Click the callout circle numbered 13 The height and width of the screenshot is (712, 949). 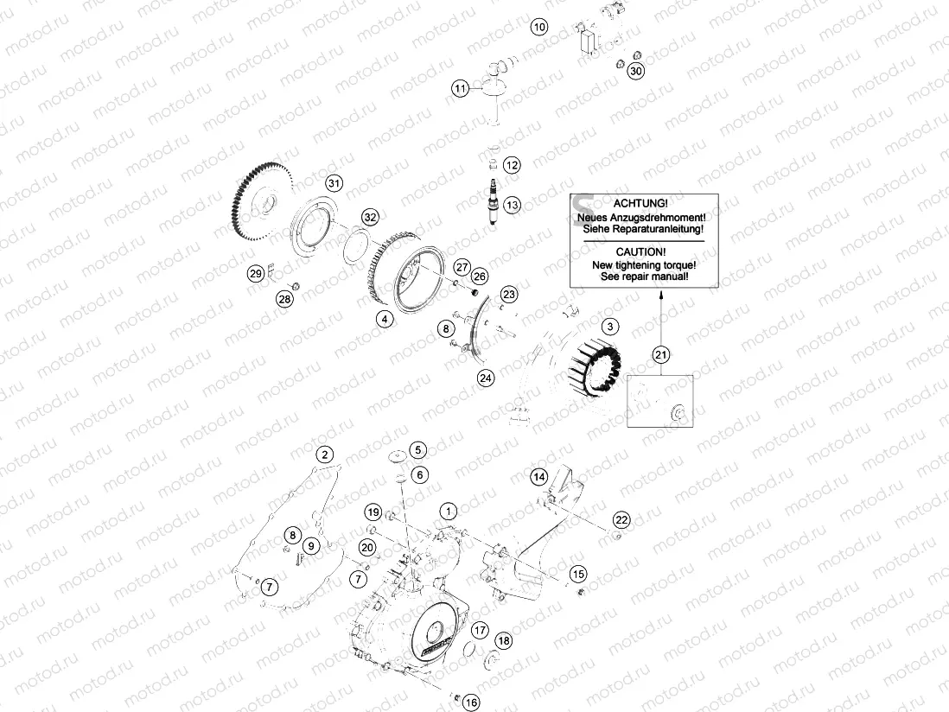click(513, 205)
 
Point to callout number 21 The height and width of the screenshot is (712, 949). click(661, 354)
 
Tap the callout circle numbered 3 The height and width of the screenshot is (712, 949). click(611, 327)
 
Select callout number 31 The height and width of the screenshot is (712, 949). click(334, 182)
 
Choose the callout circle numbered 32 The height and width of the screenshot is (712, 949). click(370, 216)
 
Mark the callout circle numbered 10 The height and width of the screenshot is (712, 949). click(538, 27)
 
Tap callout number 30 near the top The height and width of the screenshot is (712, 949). click(635, 71)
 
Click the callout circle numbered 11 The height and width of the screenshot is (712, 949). click(461, 88)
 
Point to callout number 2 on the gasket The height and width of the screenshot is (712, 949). click(323, 455)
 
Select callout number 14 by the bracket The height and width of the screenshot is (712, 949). click(539, 476)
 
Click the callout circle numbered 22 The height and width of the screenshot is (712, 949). click(621, 519)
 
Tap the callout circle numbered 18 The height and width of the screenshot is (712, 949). click(504, 640)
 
